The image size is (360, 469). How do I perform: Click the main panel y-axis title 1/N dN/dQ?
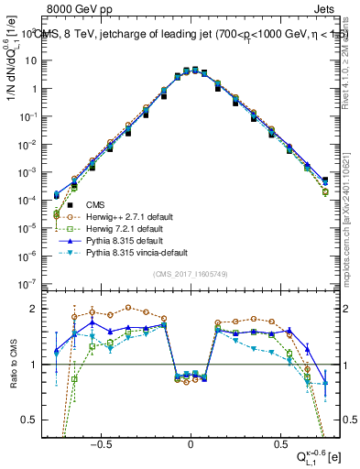[12, 82]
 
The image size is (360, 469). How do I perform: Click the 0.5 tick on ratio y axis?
[35, 420]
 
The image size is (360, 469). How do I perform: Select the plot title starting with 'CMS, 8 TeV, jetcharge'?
[183, 33]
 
